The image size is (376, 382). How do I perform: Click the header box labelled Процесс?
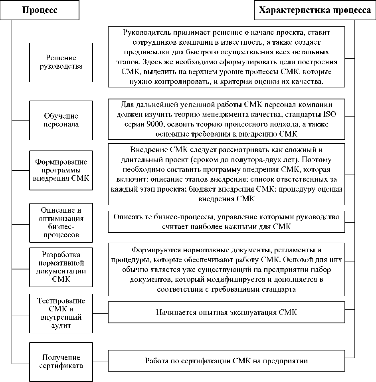(40, 10)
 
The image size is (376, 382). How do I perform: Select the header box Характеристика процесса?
(315, 10)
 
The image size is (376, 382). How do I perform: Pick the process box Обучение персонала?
(61, 120)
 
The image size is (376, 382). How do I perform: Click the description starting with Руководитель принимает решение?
(226, 56)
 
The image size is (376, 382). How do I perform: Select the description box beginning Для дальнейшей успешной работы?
(226, 119)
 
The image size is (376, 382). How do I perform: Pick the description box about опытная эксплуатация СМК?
(226, 312)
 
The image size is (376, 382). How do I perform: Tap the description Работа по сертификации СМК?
(226, 361)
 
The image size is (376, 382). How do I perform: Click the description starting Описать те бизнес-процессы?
(226, 222)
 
